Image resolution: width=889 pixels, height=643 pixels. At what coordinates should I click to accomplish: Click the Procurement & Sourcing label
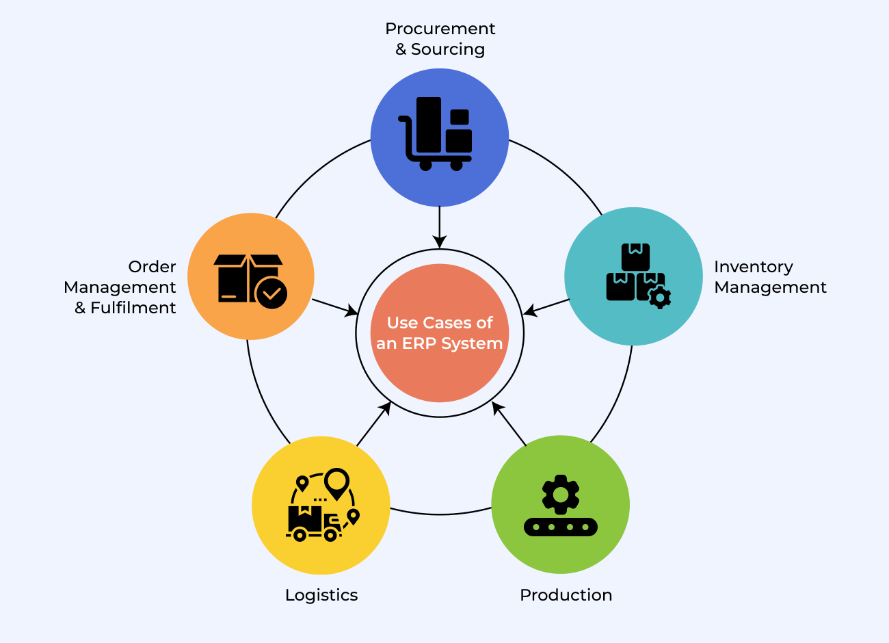coord(440,39)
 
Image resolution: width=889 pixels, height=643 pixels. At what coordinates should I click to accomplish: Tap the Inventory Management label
coord(770,277)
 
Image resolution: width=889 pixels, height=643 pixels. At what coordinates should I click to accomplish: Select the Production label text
coord(566,595)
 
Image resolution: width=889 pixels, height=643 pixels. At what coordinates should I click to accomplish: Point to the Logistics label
coord(321,595)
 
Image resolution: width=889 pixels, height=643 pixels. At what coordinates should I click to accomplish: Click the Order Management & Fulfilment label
coord(120,287)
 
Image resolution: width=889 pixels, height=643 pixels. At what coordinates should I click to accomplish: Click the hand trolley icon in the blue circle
coord(436,133)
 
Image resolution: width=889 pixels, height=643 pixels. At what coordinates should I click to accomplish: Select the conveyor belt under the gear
coord(561,527)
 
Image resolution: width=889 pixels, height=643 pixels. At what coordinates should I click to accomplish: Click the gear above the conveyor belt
coord(561,494)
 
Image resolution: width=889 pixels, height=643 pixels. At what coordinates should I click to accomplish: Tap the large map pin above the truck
coord(337,483)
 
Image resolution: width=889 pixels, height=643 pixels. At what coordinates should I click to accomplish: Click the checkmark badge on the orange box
coord(271,293)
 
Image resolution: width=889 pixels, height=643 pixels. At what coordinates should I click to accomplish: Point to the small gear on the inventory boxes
coord(659,298)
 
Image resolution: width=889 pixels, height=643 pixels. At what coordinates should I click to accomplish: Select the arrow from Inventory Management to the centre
coord(546,306)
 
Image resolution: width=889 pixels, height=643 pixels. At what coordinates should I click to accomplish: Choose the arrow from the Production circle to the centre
coord(509,424)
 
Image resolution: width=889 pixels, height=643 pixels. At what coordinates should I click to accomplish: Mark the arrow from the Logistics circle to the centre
coord(374,424)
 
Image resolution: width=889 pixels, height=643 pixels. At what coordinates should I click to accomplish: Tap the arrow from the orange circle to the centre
coord(335,307)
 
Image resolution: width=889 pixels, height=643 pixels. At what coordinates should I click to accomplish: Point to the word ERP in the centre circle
coord(418,343)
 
